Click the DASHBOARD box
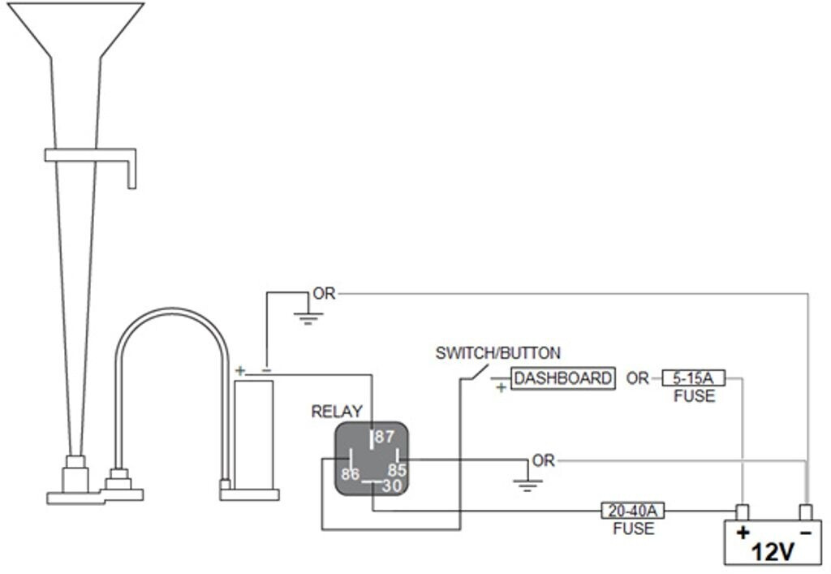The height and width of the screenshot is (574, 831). click(563, 378)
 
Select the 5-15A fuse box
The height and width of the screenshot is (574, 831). click(693, 378)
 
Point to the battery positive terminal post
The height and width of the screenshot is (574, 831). click(742, 512)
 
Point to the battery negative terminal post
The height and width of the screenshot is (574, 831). click(806, 512)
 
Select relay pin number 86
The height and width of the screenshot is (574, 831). click(351, 473)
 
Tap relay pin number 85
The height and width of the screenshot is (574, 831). click(396, 469)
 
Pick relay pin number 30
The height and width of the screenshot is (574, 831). click(391, 486)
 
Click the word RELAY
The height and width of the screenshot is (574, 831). click(337, 412)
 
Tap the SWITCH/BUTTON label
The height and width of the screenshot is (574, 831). click(497, 353)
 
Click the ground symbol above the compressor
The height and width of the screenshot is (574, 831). click(308, 316)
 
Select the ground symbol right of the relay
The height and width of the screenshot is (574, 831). click(527, 485)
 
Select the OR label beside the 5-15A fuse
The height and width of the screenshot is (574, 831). click(638, 378)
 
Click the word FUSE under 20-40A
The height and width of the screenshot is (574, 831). click(633, 529)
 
